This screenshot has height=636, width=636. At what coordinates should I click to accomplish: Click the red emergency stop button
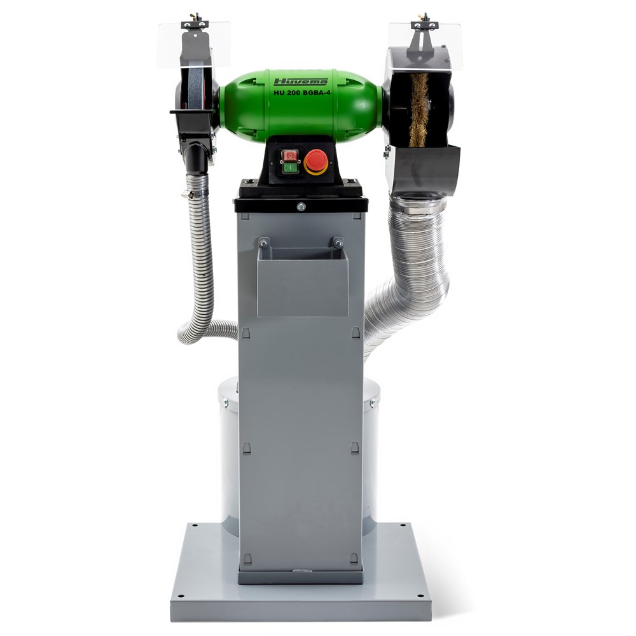tap(316, 162)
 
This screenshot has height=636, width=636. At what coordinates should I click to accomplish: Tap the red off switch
tap(290, 155)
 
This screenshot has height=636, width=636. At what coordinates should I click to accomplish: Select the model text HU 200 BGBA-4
tap(301, 92)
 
